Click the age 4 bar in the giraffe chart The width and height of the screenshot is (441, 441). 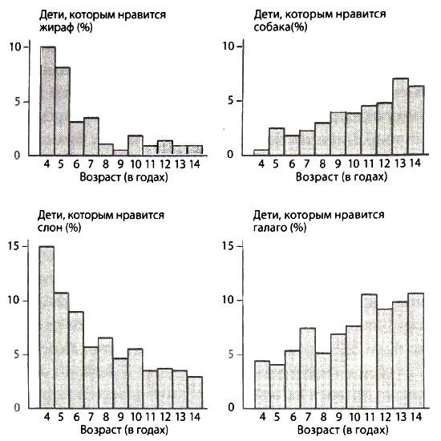[x=48, y=101]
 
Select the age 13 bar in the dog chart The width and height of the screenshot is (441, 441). [x=401, y=117]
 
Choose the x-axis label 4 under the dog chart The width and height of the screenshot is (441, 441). [x=260, y=164]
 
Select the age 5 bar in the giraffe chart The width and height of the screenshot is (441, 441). [x=63, y=111]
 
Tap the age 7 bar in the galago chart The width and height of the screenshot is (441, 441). [x=308, y=368]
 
